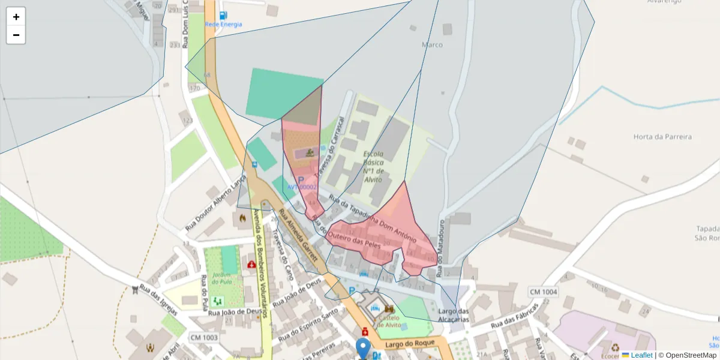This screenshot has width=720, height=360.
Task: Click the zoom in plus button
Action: (16, 17)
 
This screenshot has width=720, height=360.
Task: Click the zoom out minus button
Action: (16, 35)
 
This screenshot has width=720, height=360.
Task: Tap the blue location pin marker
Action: (363, 348)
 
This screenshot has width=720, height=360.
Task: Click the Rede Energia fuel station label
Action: (223, 24)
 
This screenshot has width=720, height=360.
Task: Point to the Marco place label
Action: (432, 45)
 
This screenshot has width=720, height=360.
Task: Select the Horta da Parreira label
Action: (662, 137)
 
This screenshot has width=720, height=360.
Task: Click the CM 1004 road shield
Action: (543, 292)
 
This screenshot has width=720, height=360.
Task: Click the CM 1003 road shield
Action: (203, 338)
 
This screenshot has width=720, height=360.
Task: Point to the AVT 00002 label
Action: (301, 187)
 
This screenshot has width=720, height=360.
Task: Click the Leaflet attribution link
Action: (641, 355)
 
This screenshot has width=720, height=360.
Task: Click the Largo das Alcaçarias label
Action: (453, 316)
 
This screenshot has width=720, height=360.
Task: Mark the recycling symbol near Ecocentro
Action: (616, 347)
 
